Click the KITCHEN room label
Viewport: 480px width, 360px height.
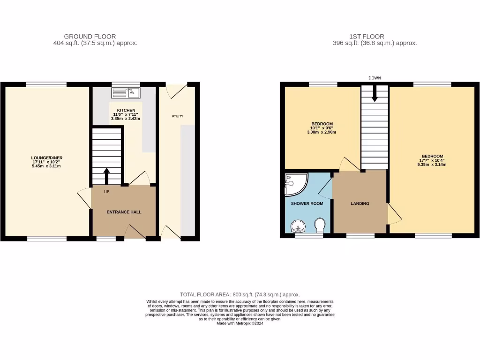coord(126,110)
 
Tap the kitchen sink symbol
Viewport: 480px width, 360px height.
coord(126,93)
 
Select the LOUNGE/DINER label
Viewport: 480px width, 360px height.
coord(46,158)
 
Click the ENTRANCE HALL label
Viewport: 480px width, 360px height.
coord(124,212)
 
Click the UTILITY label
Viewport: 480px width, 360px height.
coord(177,116)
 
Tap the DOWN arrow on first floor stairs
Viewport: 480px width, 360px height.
coord(374,95)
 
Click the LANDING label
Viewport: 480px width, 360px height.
coord(360,203)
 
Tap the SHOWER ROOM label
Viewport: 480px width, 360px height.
coord(307,203)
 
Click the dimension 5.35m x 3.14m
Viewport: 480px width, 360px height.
coord(432,165)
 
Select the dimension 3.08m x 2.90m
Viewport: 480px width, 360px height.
coord(322,132)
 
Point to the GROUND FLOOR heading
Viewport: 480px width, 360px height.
coord(90,37)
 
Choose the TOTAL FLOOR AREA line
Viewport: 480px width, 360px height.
coord(240,294)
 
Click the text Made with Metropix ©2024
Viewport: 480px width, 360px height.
coord(240,323)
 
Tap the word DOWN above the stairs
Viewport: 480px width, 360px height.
coord(375,78)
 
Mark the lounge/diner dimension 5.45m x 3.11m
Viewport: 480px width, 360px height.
coord(46,166)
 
